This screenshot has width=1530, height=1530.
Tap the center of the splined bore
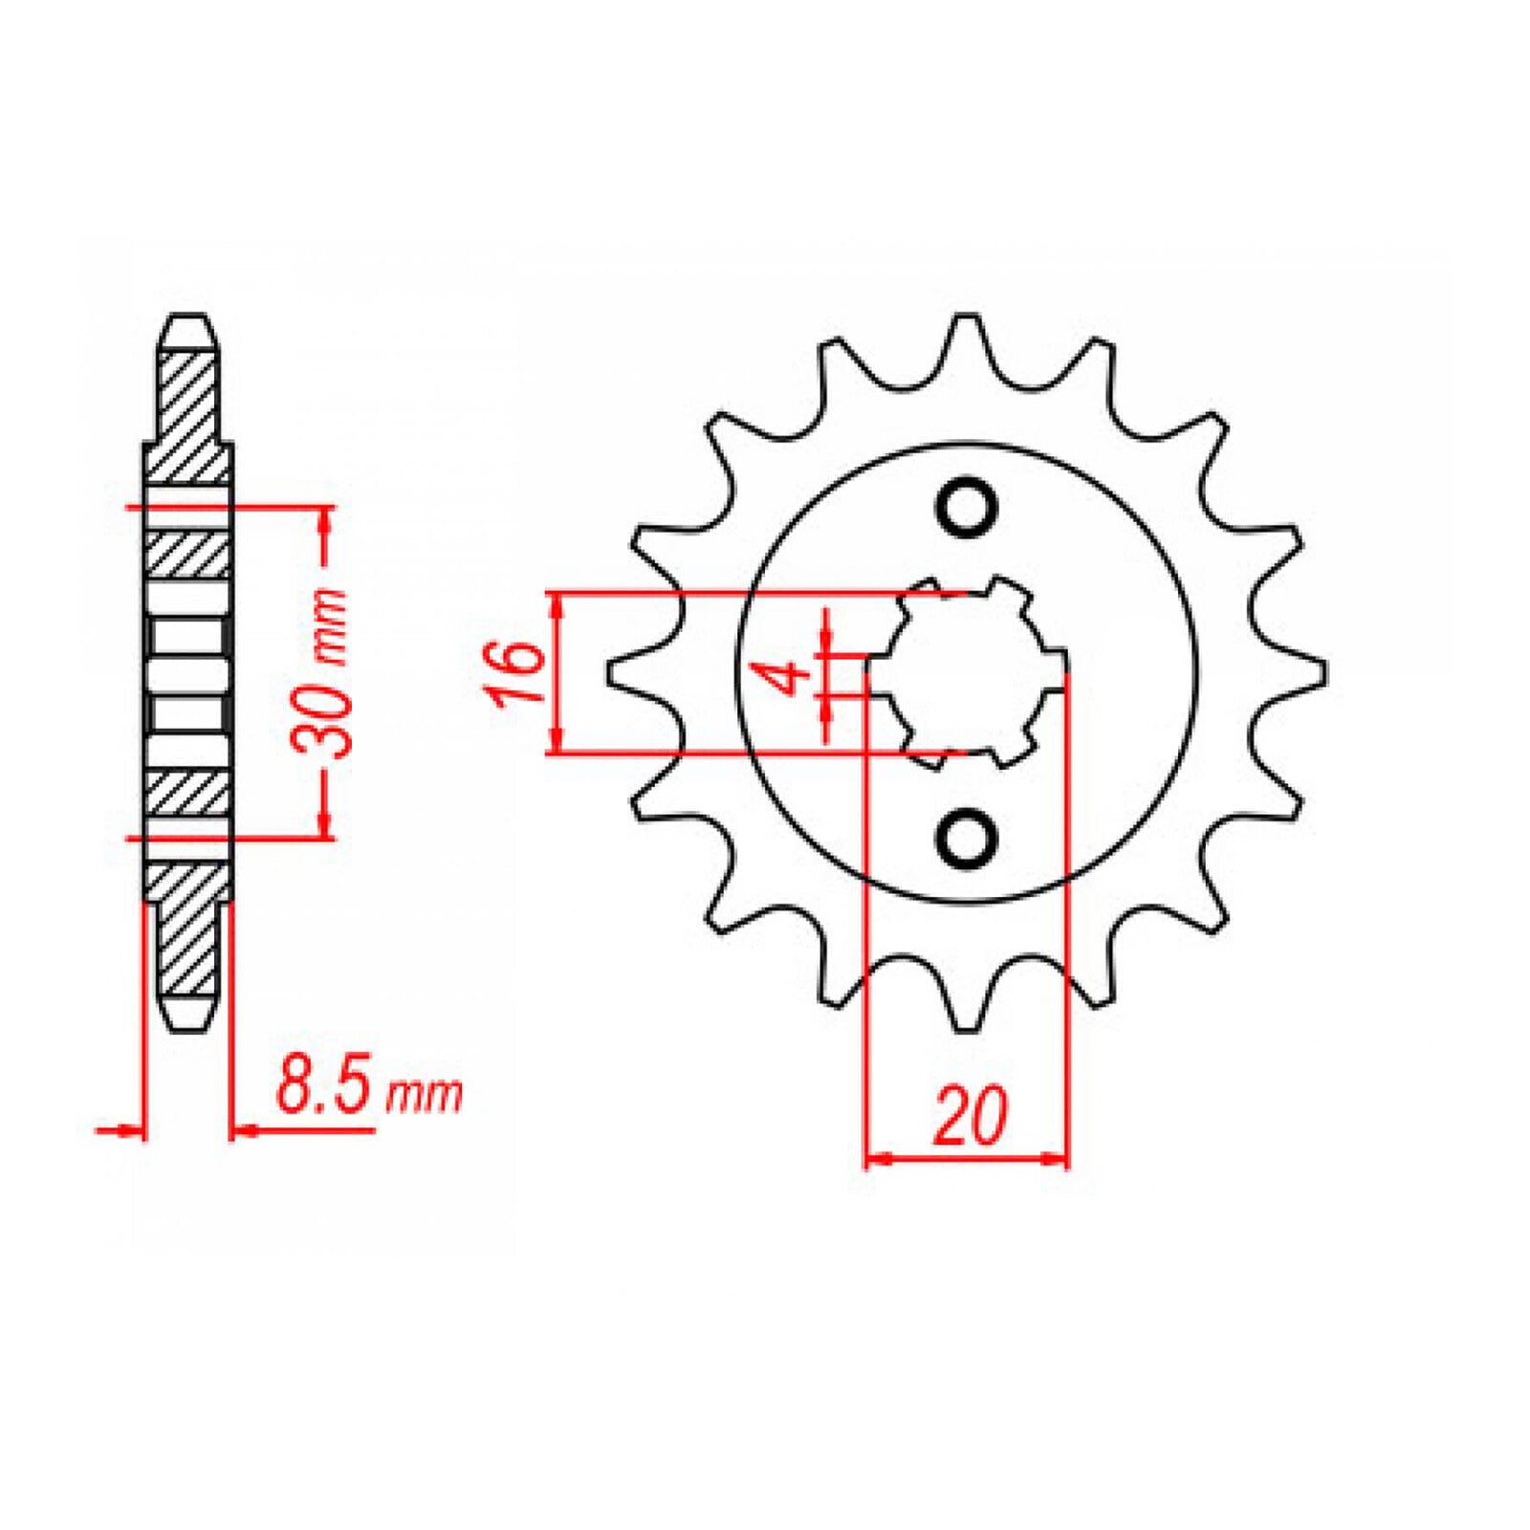click(x=966, y=672)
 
